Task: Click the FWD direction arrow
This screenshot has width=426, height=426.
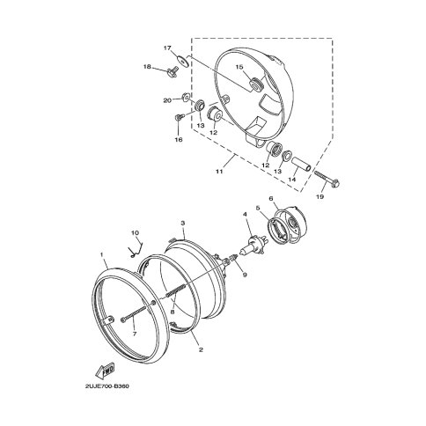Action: point(105,371)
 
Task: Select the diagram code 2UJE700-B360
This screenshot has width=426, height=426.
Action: point(106,386)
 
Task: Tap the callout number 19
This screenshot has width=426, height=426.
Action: point(320,196)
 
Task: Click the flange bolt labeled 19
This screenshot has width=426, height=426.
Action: point(327,179)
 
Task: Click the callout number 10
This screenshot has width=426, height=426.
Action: point(135,233)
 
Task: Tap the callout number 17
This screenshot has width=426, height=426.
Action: point(167,48)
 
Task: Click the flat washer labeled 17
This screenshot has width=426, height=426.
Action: point(183,61)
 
